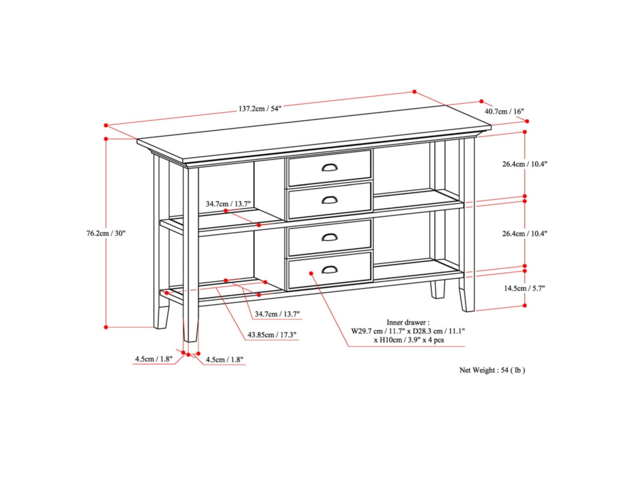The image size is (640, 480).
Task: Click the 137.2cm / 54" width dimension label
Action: click(260, 108)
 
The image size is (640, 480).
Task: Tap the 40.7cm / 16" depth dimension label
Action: click(504, 111)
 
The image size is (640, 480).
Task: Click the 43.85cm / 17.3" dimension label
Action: click(272, 335)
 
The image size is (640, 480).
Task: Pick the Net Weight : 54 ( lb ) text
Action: click(492, 370)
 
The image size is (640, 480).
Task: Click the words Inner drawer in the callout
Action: click(407, 323)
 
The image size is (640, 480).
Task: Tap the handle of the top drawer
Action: click(330, 168)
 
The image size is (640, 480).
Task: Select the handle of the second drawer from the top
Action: click(330, 200)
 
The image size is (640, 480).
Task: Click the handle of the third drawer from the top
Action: click(330, 237)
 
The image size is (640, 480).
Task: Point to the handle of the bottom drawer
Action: click(330, 270)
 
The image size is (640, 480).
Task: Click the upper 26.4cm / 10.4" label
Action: click(524, 164)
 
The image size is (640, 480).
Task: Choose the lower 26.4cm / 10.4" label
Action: click(524, 233)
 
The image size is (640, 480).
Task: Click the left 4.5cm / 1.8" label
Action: click(154, 359)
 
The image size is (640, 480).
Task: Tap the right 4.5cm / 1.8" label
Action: click(225, 359)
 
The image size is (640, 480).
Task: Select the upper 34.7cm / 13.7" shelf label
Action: click(228, 204)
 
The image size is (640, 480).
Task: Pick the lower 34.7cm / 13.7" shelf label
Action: click(277, 314)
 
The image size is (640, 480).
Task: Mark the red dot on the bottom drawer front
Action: click(311, 273)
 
